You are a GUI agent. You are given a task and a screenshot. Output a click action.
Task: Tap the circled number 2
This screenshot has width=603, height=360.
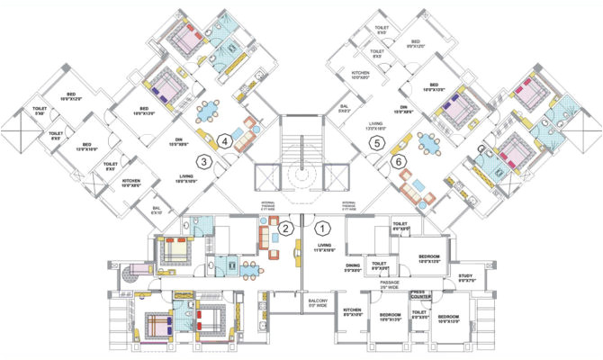point(284,228)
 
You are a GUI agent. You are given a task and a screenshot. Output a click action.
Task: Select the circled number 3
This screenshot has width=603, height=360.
point(206,162)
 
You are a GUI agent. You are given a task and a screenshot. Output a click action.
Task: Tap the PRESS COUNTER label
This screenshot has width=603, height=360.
point(424,294)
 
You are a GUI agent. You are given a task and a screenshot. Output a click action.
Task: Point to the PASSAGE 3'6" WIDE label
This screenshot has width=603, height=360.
point(391,284)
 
